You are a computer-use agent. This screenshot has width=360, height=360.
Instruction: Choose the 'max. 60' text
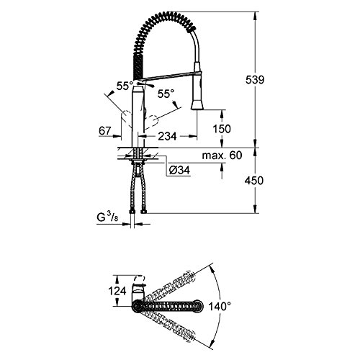coord(222,156)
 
